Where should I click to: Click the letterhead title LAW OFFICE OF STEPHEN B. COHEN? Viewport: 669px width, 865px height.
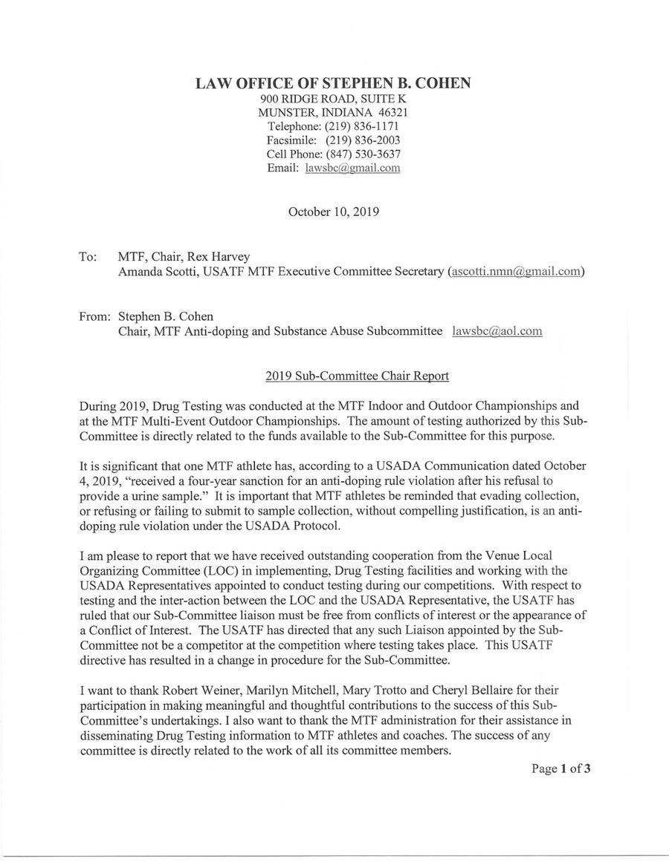coord(332,84)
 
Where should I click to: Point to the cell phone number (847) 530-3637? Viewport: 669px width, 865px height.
coord(362,154)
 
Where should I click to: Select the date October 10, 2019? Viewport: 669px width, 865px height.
coord(334,211)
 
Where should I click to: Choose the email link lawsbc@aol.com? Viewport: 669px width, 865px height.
coord(497,331)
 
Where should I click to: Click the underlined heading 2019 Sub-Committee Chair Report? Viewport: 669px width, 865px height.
coord(357,376)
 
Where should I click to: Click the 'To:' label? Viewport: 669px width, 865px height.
coord(88,257)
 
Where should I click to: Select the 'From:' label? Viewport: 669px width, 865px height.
coord(94,317)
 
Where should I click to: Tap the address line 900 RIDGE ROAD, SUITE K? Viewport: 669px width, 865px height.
coord(332,98)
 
